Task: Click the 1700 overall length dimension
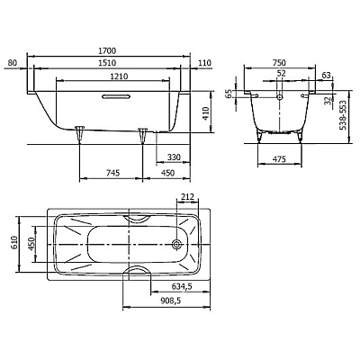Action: (107, 51)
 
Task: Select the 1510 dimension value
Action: (107, 63)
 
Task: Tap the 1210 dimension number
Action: (119, 76)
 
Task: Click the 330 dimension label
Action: (174, 157)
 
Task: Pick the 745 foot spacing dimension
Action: (113, 173)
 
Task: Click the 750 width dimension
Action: (279, 63)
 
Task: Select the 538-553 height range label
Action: (343, 115)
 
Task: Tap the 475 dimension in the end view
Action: (280, 159)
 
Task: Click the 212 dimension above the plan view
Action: (187, 197)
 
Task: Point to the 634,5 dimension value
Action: (182, 287)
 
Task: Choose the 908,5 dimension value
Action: (170, 301)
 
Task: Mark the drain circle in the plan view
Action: (176, 245)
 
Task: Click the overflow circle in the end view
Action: (280, 96)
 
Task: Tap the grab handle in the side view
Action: (116, 96)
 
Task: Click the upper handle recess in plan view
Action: (138, 219)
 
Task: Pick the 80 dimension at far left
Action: (13, 63)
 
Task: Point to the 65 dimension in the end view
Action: (229, 94)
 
